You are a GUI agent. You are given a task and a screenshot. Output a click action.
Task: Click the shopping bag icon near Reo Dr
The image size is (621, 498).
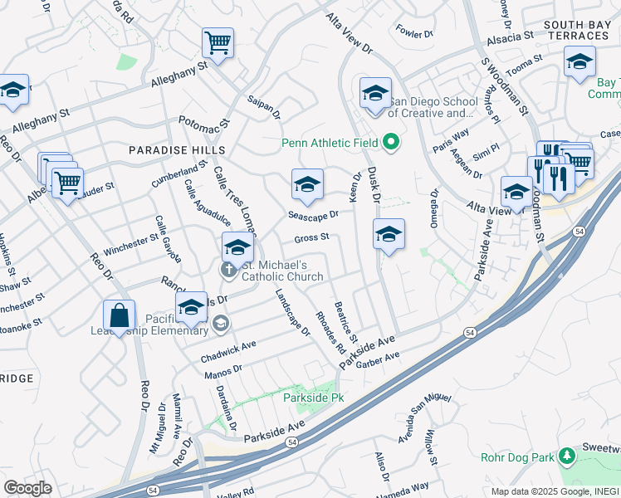(x=119, y=315)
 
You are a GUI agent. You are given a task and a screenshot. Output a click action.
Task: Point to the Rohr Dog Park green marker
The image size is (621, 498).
(x=567, y=456)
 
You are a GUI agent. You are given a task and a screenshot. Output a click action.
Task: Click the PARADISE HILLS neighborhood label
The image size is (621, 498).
(x=176, y=149)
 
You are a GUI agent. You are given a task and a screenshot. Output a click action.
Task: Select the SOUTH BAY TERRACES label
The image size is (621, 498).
(x=576, y=31)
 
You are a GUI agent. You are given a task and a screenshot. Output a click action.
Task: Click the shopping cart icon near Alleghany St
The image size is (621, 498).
(x=218, y=41)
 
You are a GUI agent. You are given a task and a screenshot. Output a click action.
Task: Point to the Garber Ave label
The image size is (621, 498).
(x=380, y=355)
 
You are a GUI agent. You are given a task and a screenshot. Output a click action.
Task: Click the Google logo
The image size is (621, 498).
(x=27, y=488)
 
